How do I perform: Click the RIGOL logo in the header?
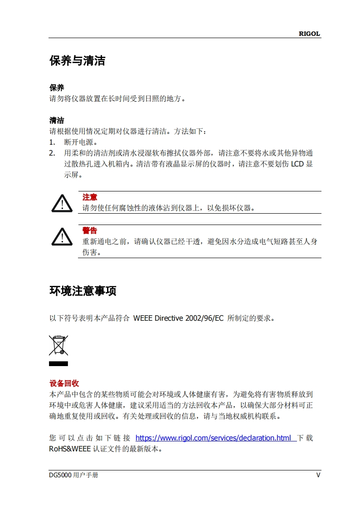309,34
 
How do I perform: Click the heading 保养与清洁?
77,61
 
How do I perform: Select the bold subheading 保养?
57,88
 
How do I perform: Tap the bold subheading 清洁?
57,120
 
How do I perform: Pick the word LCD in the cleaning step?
297,164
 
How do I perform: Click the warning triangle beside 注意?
62,203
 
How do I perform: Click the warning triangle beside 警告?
62,236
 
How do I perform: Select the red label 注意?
90,197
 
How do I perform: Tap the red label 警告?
90,231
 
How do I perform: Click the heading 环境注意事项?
83,291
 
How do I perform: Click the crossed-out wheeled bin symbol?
58,345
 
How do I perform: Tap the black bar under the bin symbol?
58,364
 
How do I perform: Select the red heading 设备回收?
64,383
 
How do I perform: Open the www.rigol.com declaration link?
214,438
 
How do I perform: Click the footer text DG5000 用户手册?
73,475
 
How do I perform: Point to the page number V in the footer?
318,475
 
